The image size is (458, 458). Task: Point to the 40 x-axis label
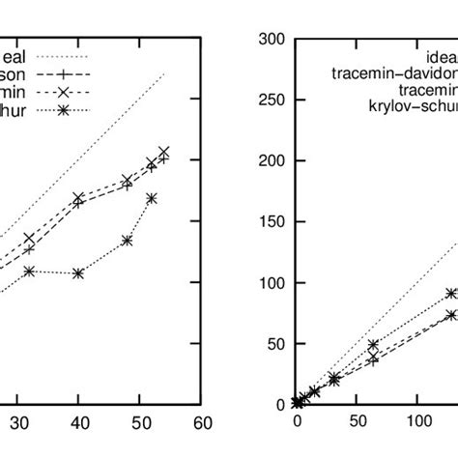[80, 422]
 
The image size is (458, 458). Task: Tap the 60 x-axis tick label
[202, 422]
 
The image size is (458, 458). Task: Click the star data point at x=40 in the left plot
[78, 273]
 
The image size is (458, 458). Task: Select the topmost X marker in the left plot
[163, 152]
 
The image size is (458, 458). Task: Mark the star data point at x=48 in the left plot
[128, 240]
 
